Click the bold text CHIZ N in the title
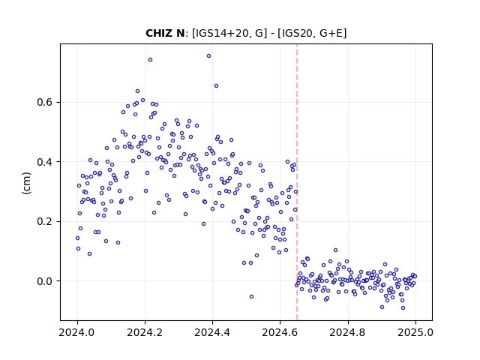coord(165,33)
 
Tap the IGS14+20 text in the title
coord(221,33)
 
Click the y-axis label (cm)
coord(27,183)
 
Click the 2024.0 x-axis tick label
coord(77,332)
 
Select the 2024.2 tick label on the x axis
coord(145,332)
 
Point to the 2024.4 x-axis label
coord(212,332)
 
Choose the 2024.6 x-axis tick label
coord(280,332)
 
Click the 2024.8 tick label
coord(348,332)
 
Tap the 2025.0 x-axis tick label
coord(415,332)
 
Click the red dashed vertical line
coord(297,182)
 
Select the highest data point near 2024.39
coord(208,56)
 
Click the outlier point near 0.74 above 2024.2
coord(150,60)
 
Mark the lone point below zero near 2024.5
coord(252,297)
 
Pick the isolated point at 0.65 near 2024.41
coord(216,86)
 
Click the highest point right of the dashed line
coord(335,250)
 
